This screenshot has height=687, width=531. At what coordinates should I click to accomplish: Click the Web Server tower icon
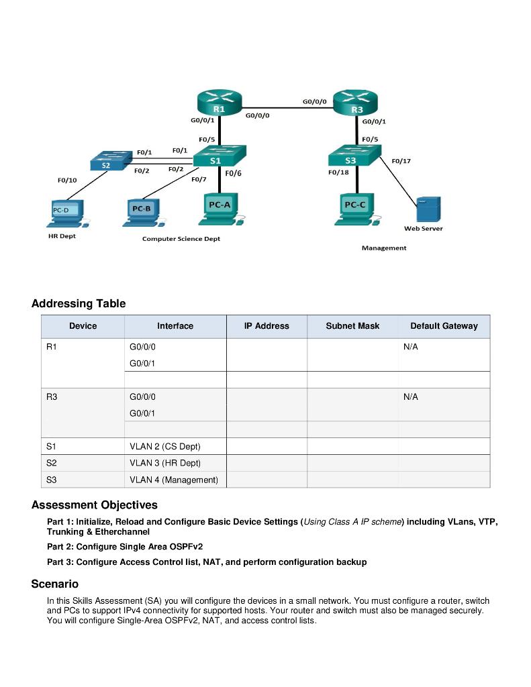click(428, 209)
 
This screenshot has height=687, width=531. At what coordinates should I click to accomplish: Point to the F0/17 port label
click(401, 161)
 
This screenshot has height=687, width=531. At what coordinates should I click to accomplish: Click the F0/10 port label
click(67, 180)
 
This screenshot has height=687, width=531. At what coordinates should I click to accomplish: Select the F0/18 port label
click(338, 172)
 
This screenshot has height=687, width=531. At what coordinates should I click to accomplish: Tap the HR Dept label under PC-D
click(62, 236)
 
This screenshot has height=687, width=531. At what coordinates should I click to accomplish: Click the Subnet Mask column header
click(352, 326)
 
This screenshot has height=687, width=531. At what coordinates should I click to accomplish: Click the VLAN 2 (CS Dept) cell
click(165, 446)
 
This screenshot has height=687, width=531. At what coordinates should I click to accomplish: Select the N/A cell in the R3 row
click(411, 397)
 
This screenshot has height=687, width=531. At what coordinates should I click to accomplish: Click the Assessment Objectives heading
click(95, 505)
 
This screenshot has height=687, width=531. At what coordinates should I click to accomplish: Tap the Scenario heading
click(55, 584)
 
